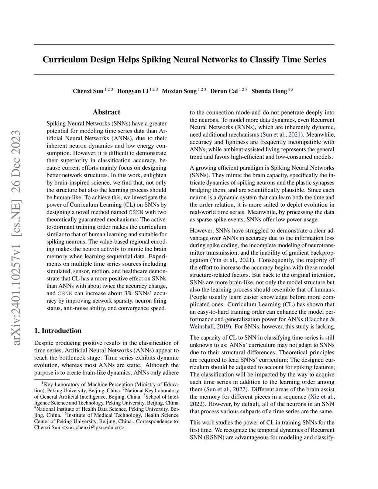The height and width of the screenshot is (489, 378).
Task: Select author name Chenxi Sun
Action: (88, 91)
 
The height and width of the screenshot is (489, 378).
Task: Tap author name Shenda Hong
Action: (269, 91)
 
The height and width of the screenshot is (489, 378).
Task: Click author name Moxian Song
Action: (179, 91)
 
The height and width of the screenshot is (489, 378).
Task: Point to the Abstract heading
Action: (106, 112)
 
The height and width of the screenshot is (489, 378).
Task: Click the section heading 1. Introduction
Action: (58, 331)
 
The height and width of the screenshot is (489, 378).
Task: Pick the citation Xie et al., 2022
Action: (322, 397)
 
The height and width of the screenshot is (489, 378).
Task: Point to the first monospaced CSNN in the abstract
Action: (138, 212)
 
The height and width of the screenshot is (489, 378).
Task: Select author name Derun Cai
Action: (224, 91)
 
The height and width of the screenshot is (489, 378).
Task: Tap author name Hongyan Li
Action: (133, 91)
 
